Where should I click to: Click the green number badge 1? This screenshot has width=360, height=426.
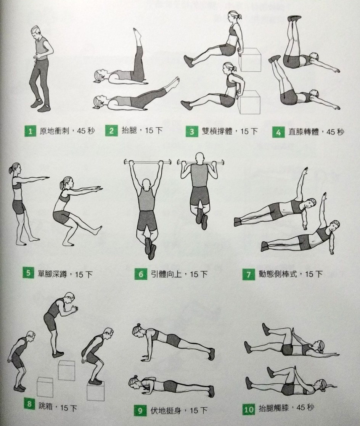tap(30, 132)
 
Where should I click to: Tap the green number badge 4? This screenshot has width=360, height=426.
tap(278, 132)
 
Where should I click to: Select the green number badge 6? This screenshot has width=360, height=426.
tap(141, 274)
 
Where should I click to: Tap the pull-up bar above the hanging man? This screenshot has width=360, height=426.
tap(148, 162)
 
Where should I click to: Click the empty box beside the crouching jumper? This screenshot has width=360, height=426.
tap(45, 387)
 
